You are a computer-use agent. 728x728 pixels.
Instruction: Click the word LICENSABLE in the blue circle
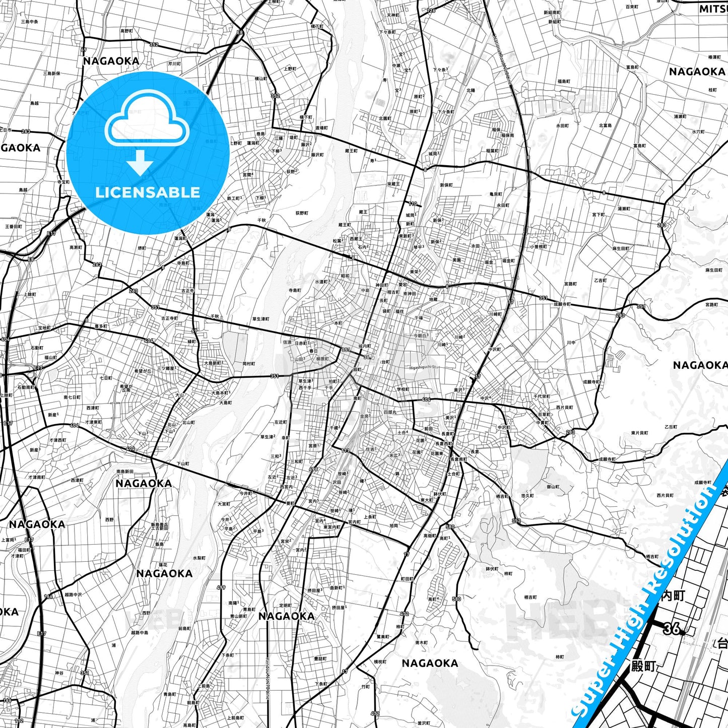(148, 192)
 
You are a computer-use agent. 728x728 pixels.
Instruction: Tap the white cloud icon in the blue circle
(147, 119)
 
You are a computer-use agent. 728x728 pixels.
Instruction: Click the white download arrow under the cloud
(140, 163)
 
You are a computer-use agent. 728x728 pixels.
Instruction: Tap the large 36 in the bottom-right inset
(672, 628)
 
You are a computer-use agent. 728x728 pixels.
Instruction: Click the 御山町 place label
(553, 487)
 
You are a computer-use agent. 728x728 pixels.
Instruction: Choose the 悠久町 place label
(527, 496)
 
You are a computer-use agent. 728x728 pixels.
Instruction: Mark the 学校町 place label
(403, 389)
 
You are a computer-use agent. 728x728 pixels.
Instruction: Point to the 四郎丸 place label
(389, 412)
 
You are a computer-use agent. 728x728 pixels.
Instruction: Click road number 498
(313, 469)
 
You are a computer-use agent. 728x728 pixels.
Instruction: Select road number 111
(345, 450)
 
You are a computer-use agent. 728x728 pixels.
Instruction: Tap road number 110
(413, 204)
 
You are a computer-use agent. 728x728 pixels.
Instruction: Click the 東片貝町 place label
(639, 433)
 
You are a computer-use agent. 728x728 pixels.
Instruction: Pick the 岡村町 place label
(249, 363)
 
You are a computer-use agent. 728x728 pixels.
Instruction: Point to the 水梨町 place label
(200, 558)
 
